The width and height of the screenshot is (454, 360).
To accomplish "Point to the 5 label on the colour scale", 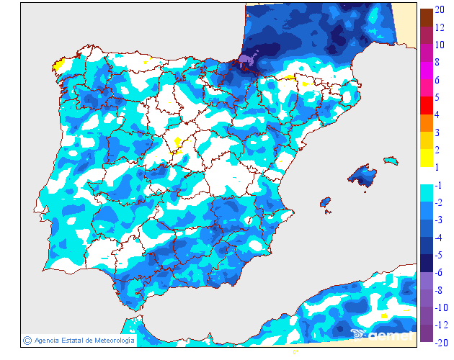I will coord(437,97).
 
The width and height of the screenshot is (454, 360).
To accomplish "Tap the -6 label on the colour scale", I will coord(439,272).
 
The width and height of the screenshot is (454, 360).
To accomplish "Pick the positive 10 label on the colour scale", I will coord(439,45).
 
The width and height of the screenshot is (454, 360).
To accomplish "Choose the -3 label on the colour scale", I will coord(439,220).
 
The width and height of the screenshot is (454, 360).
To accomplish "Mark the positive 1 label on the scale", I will coord(437,167).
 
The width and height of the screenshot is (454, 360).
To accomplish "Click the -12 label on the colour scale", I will coord(440,325).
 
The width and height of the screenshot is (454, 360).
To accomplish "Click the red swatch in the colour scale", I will coord(427,105).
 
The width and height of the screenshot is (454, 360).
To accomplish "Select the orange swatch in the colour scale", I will coord(427,122).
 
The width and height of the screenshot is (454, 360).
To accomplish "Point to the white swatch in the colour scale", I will coord(427,175).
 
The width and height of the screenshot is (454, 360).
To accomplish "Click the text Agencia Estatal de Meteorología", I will coord(84,340).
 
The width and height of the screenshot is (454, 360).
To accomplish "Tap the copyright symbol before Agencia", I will coord(27,340).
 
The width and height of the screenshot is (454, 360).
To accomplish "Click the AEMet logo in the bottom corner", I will coord(382,334).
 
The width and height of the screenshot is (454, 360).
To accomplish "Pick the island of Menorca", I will coord(391,159).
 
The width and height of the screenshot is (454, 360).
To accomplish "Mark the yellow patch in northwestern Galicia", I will coord(59,66).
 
